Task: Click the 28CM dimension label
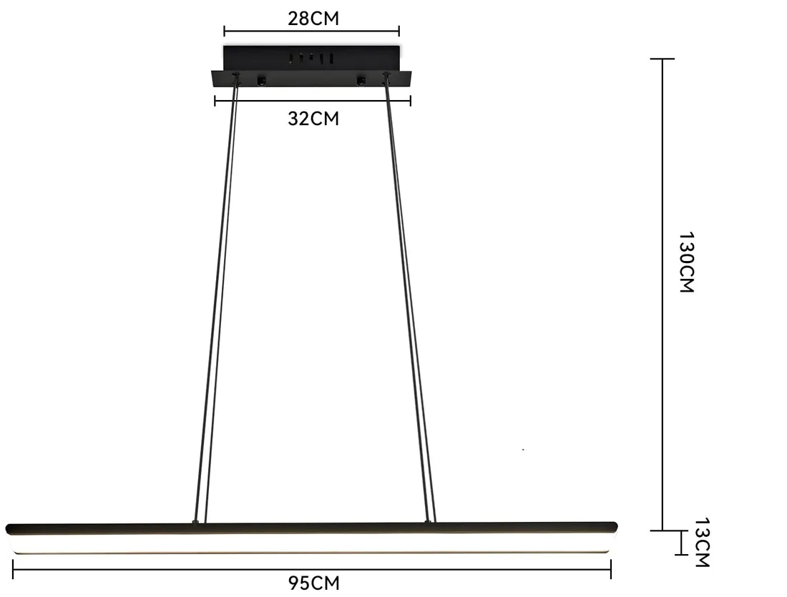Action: click(x=313, y=18)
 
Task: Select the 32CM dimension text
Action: click(x=313, y=119)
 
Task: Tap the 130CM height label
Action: click(x=686, y=262)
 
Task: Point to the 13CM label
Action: click(x=701, y=543)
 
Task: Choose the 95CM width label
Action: click(x=313, y=583)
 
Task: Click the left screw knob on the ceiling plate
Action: click(x=261, y=79)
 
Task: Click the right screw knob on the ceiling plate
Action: click(x=361, y=79)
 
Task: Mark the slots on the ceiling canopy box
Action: click(x=311, y=57)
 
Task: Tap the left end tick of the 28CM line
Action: click(x=225, y=31)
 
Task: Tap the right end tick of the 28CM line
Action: click(x=399, y=31)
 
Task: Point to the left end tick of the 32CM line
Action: click(x=215, y=101)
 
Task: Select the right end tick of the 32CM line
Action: click(x=411, y=101)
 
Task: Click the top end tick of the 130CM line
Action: click(x=663, y=59)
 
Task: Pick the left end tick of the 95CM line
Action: click(x=14, y=568)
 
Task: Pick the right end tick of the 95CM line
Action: click(x=610, y=568)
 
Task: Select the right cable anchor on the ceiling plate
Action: click(x=387, y=76)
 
